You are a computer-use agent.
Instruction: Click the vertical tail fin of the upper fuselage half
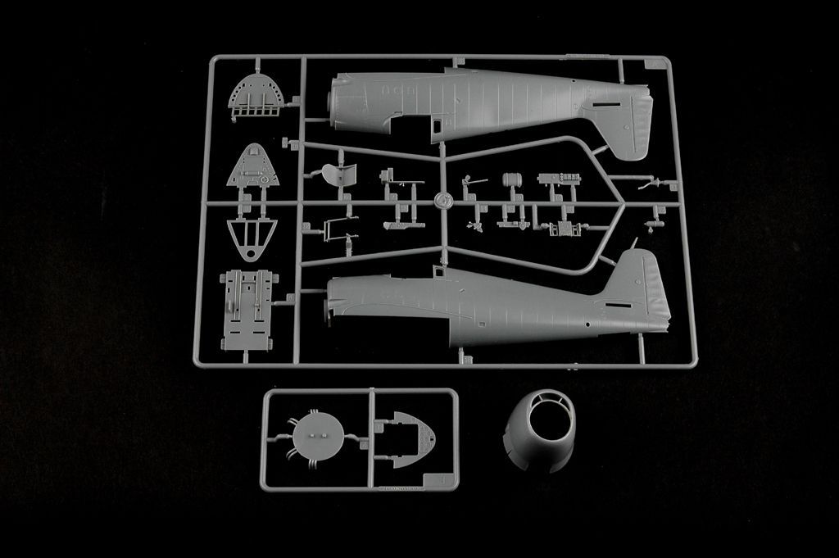click(632, 123)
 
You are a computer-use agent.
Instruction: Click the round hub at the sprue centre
click(442, 200)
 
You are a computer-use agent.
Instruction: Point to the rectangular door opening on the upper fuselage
click(438, 125)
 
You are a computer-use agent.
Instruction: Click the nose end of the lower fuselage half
click(331, 299)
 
